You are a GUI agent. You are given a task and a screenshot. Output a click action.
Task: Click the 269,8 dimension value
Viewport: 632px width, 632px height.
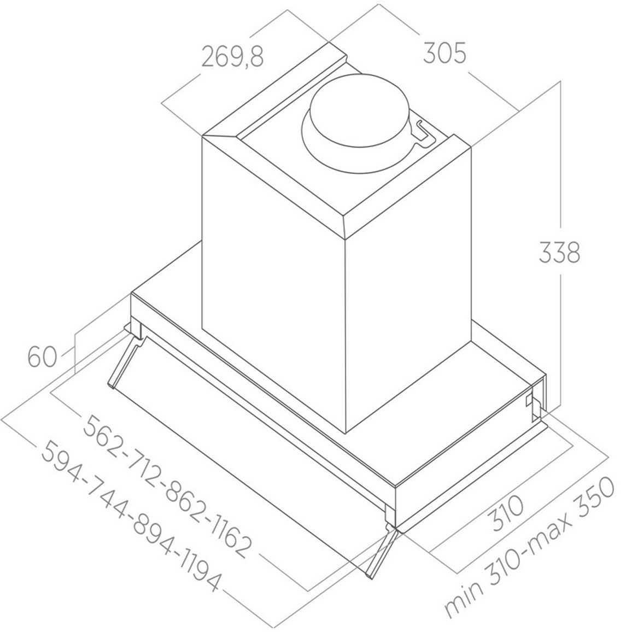(x=232, y=57)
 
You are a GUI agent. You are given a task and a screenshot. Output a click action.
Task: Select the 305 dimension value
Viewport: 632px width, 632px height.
(x=444, y=53)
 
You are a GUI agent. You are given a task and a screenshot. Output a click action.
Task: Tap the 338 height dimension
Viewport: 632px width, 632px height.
(x=559, y=253)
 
